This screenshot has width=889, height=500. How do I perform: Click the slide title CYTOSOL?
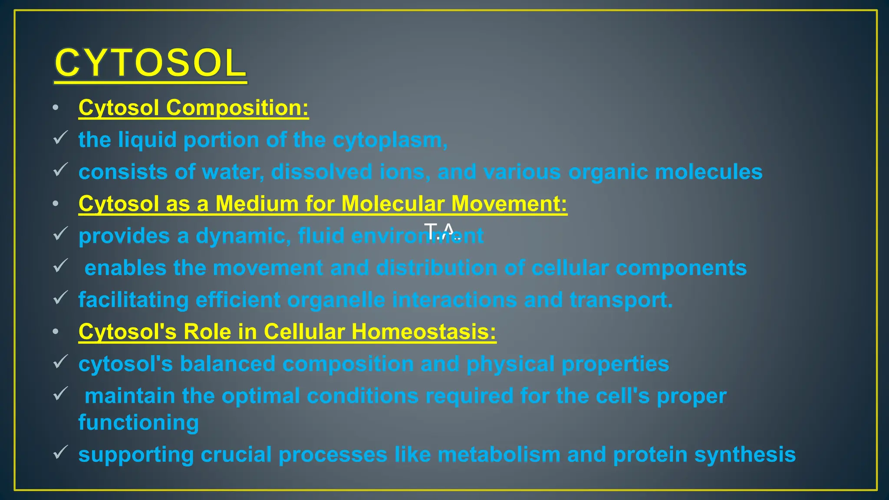pyautogui.click(x=150, y=63)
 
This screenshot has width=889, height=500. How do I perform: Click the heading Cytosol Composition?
pyautogui.click(x=194, y=108)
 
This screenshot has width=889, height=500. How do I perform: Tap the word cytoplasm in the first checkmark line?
pyautogui.click(x=389, y=140)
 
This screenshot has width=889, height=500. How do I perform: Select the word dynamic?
pyautogui.click(x=243, y=236)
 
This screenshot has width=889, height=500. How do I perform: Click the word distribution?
pyautogui.click(x=436, y=268)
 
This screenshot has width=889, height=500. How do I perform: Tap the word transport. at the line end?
pyautogui.click(x=621, y=300)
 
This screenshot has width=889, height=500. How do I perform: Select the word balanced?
pyautogui.click(x=227, y=364)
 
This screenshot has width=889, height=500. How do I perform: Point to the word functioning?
pyautogui.click(x=138, y=423)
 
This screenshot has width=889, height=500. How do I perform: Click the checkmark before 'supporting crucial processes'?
pyautogui.click(x=60, y=452)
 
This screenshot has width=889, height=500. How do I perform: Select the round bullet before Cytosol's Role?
pyautogui.click(x=56, y=332)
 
